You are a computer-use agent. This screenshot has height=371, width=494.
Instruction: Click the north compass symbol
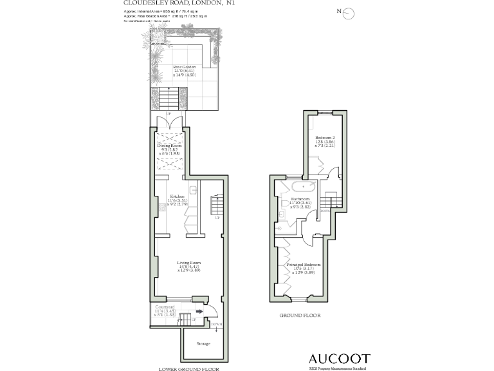coord(349,12)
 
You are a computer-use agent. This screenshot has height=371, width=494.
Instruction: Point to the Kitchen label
coord(177,196)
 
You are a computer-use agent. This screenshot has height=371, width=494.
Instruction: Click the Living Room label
coord(190,262)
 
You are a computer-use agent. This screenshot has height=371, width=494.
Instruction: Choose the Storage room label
coord(203,344)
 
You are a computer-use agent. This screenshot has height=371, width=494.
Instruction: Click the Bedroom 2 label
coord(325,138)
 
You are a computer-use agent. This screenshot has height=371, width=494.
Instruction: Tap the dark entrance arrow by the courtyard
coord(199,312)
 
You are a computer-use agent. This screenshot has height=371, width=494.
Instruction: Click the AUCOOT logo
coord(340,358)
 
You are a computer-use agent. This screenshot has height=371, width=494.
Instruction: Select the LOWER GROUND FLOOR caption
coord(188,369)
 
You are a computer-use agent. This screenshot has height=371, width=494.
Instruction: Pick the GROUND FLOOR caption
coord(300,316)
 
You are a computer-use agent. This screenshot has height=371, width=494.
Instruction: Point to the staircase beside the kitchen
coord(216,206)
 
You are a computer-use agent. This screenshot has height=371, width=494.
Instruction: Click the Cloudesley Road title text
coord(179,3)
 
